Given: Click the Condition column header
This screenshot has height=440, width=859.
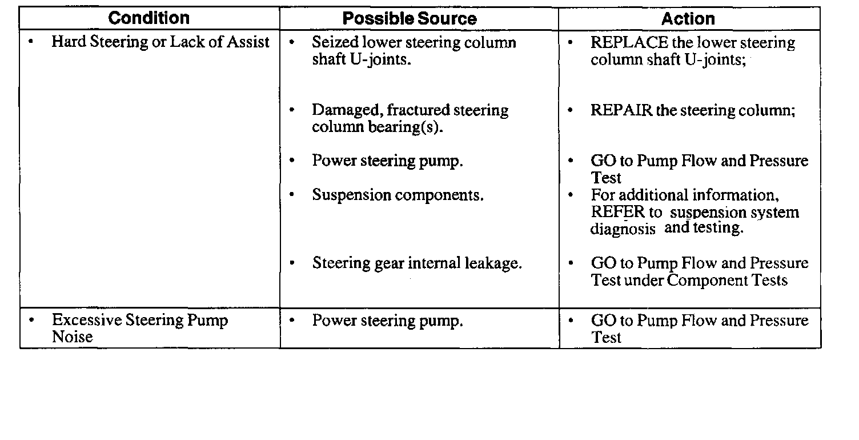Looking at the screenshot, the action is pos(150,18).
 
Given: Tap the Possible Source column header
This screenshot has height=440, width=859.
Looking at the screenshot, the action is pos(410,19).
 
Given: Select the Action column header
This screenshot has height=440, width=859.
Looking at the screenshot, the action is pos(688,19).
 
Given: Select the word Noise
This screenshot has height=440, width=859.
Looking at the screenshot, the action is pos(72,337).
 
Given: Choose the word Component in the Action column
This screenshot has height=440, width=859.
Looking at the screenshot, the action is pos(707,281).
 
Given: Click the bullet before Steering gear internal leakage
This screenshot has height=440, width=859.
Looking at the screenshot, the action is pos(292,263).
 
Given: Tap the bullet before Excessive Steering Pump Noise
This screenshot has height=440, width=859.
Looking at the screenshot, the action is pos(30,320).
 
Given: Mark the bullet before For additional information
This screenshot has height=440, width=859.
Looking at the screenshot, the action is pos(572,195).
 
